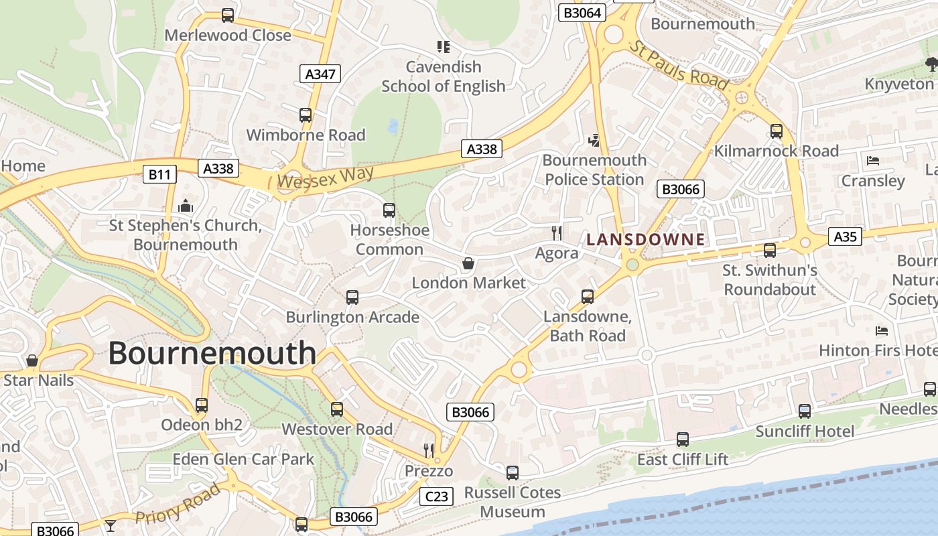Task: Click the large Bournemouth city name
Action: point(212,353)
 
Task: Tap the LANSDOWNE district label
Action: point(646,239)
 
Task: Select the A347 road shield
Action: point(320,74)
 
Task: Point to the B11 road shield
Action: point(159,175)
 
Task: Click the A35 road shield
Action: point(845,237)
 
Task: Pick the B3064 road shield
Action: point(583,13)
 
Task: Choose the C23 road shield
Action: point(436,496)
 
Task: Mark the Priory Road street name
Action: point(178,504)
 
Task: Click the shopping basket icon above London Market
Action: point(468,264)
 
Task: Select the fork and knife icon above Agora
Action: point(557,233)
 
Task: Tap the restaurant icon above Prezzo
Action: point(429,450)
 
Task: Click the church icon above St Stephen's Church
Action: point(186,206)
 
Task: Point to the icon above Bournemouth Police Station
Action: point(594,140)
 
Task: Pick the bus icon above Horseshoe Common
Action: point(389,210)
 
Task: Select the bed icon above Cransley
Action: point(872,161)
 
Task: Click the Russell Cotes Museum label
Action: point(513,502)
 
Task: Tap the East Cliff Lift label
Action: point(682,460)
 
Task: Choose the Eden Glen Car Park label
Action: point(243,459)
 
